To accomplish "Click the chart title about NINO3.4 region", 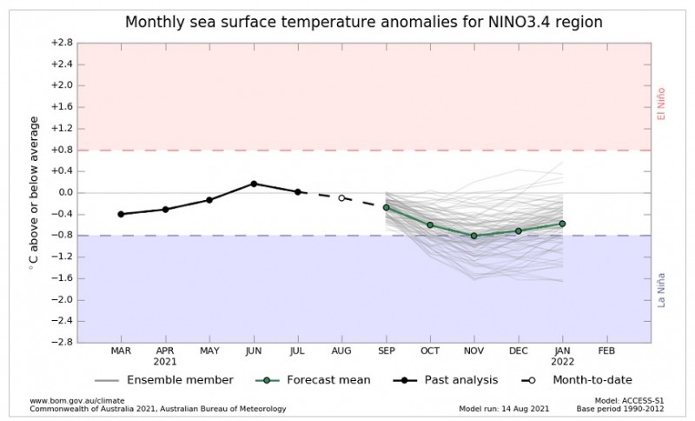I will tap(363, 22).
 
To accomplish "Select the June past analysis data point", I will tap(254, 184).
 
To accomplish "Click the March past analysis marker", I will tap(121, 214).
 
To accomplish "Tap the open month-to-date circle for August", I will tap(342, 198).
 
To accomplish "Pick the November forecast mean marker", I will tap(474, 236).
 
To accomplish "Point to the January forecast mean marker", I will tap(563, 224).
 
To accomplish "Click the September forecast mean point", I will tap(386, 208).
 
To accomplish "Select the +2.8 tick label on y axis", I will tap(62, 42).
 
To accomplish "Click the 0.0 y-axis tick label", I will tap(62, 192).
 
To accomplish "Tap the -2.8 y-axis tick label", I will tap(62, 342).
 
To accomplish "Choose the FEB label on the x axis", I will tap(606, 351).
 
